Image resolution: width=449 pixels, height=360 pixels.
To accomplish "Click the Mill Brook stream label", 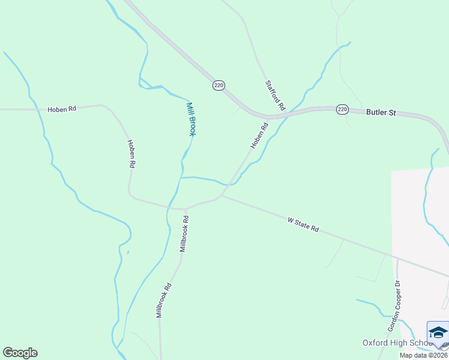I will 190,118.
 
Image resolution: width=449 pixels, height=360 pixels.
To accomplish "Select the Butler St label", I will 382,112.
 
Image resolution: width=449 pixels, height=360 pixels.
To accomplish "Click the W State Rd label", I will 303,226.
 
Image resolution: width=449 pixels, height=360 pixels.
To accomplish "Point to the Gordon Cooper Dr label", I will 394,306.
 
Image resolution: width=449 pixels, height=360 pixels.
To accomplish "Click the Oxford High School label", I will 396,343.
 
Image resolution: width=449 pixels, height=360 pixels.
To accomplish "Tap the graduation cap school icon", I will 438,333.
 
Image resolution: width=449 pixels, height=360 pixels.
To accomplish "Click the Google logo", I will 20,353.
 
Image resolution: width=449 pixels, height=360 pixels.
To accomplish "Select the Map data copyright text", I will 424,355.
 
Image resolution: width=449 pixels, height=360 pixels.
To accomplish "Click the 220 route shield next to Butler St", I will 342,109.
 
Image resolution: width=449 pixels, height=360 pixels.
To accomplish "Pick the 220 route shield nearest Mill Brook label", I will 218,86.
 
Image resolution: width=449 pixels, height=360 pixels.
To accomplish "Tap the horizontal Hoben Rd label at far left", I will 63,109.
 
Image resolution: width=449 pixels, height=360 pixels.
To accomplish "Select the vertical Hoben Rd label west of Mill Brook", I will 131,154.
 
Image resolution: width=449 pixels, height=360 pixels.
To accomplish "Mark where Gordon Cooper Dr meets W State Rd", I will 397,259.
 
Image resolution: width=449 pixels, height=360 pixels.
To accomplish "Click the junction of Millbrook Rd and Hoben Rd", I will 186,209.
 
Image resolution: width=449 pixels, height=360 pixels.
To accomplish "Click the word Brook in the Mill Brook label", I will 192,125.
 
